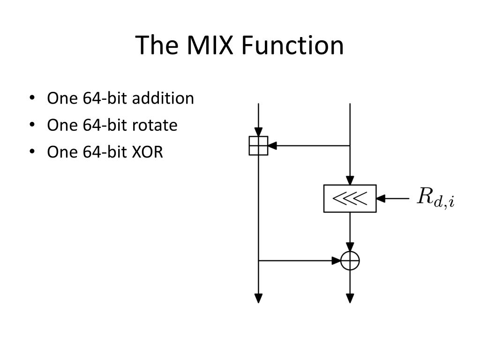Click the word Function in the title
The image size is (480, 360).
pyautogui.click(x=292, y=45)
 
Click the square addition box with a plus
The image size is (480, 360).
pyautogui.click(x=258, y=146)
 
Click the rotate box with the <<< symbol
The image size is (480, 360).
pyautogui.click(x=350, y=199)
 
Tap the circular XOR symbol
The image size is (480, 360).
pyautogui.click(x=350, y=261)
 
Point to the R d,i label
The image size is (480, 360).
pyautogui.click(x=435, y=198)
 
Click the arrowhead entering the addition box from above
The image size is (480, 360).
pyautogui.click(x=258, y=132)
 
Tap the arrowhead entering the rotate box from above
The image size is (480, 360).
pyautogui.click(x=350, y=180)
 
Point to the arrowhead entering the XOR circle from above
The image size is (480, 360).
pyautogui.click(x=350, y=247)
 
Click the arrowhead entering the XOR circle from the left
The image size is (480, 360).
pyautogui.click(x=337, y=261)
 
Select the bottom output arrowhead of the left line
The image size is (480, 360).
pyautogui.click(x=258, y=298)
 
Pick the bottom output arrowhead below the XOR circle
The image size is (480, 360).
pyautogui.click(x=350, y=298)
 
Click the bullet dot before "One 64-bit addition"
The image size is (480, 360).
pyautogui.click(x=32, y=98)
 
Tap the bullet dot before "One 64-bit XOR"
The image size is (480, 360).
pyautogui.click(x=32, y=152)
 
